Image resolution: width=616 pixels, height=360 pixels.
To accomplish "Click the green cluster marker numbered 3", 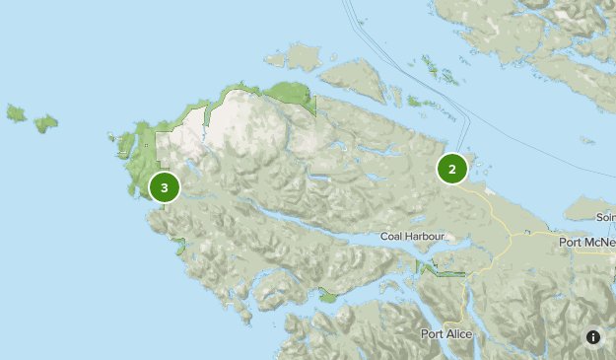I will (x=164, y=185).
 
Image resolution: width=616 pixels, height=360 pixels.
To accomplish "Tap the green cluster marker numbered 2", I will (x=451, y=169).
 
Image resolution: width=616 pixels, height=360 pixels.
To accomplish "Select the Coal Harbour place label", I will (x=413, y=237).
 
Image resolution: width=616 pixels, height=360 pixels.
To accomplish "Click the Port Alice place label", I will (x=445, y=333).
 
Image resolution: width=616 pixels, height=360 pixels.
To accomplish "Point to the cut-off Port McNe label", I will (x=586, y=242).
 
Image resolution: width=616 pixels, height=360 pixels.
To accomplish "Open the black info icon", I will (x=593, y=336).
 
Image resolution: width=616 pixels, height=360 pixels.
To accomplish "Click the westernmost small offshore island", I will (x=16, y=113).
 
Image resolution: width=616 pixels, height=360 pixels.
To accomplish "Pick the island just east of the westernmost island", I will (x=45, y=123).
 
